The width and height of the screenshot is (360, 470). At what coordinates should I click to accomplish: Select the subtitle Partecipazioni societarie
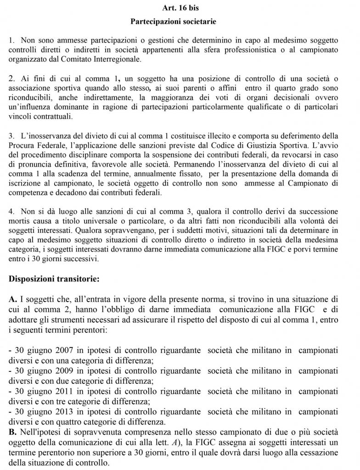point(180,22)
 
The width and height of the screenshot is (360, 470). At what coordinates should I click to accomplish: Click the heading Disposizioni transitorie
point(54,278)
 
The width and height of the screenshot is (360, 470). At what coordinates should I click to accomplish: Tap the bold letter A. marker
point(13,299)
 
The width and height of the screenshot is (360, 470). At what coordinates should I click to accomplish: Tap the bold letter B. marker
point(13,432)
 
